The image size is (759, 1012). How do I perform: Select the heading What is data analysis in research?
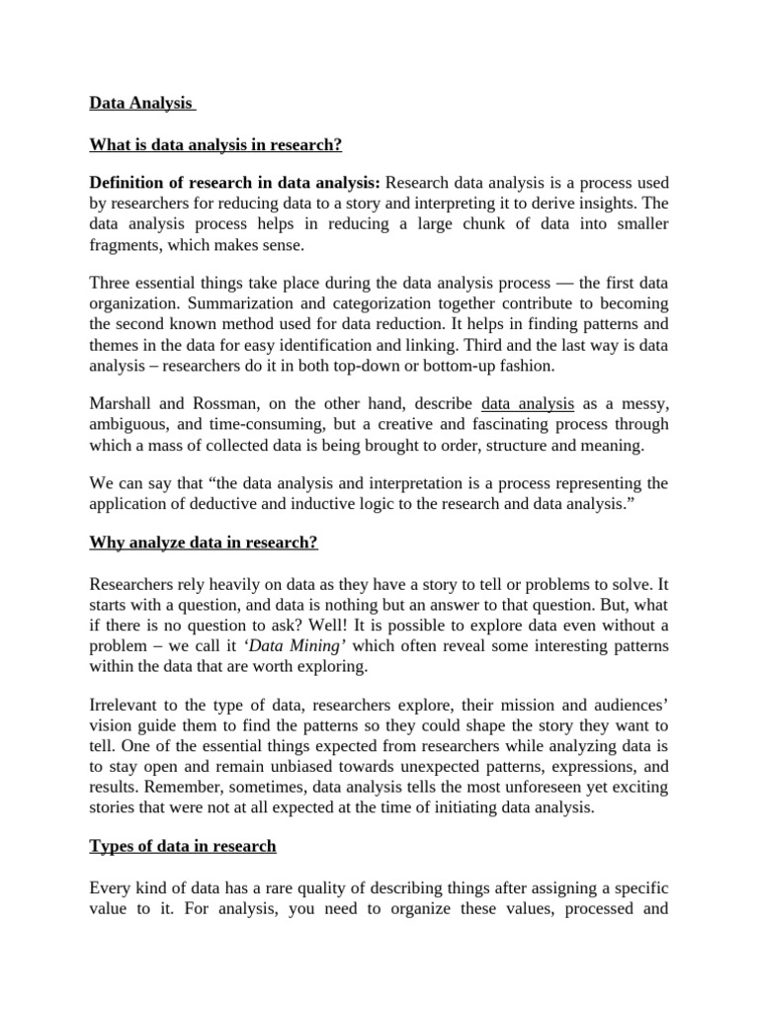click(x=215, y=144)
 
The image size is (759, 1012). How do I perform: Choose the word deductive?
click(x=228, y=504)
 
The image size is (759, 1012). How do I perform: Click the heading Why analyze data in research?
click(x=204, y=543)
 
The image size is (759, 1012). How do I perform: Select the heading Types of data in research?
click(x=183, y=847)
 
